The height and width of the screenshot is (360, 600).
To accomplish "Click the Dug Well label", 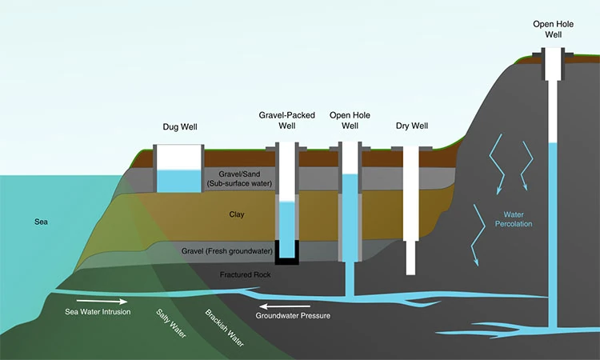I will pyautogui.click(x=179, y=126).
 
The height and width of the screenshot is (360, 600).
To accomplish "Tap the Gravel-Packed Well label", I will pyautogui.click(x=286, y=120).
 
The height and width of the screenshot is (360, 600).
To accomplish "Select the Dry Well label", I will pyautogui.click(x=412, y=126).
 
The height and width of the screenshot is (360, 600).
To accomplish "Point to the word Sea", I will pyautogui.click(x=42, y=222).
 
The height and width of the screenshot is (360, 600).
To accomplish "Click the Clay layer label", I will pyautogui.click(x=237, y=214).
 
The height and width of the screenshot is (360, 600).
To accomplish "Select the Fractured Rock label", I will pyautogui.click(x=246, y=274).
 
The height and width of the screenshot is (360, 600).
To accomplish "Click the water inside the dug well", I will pyautogui.click(x=178, y=181).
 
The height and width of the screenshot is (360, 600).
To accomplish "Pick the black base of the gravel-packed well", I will pyautogui.click(x=287, y=259).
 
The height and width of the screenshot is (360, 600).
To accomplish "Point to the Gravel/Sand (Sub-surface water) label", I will pyautogui.click(x=240, y=178).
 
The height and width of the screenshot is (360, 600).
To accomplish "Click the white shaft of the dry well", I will pyautogui.click(x=411, y=216).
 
